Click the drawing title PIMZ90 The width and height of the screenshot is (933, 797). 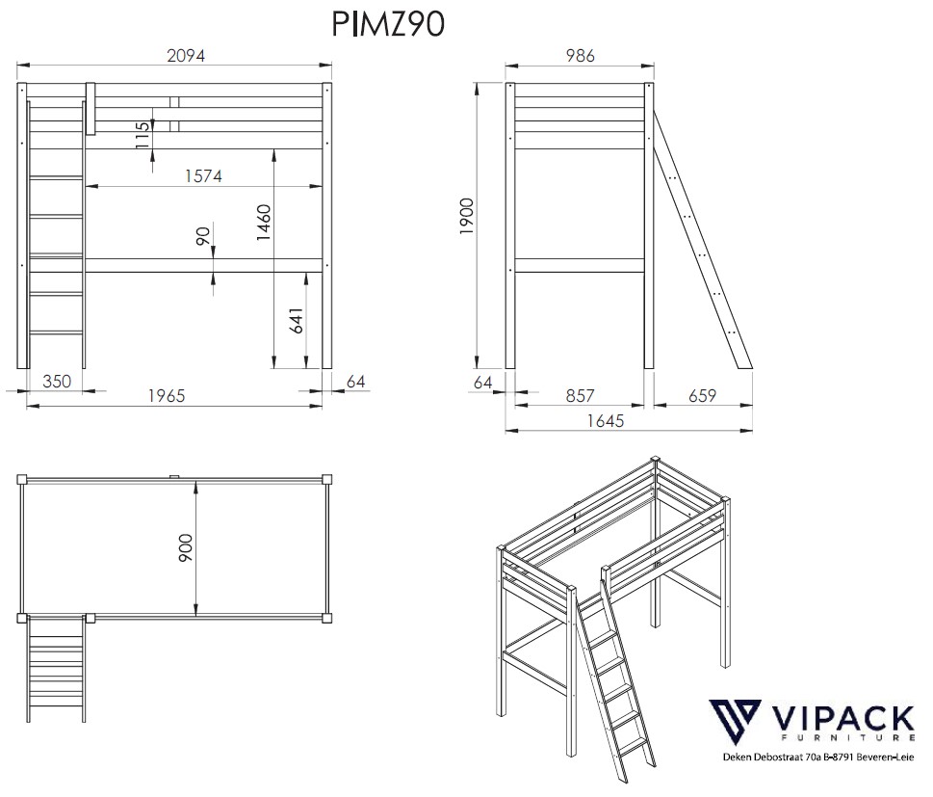click(387, 24)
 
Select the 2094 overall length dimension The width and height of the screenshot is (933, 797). click(186, 56)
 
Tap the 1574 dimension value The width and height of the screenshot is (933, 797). click(203, 176)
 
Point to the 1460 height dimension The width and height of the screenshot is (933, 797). click(264, 223)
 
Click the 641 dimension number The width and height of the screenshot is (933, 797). click(297, 321)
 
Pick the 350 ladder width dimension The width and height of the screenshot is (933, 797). click(57, 382)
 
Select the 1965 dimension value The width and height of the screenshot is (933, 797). click(167, 396)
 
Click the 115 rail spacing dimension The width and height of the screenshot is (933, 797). click(143, 135)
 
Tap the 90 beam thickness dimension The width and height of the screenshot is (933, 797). click(203, 236)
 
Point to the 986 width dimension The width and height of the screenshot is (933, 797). click(581, 56)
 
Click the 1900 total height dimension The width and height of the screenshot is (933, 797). click(466, 216)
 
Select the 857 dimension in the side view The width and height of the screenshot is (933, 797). click(581, 396)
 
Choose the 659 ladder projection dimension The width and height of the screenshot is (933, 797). click(702, 396)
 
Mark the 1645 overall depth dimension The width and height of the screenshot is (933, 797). click(605, 421)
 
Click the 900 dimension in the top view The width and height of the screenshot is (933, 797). click(186, 548)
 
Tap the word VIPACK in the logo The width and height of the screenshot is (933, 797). click(843, 719)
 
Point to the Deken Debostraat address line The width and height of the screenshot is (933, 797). click(818, 757)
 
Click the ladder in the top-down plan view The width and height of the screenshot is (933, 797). click(56, 670)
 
